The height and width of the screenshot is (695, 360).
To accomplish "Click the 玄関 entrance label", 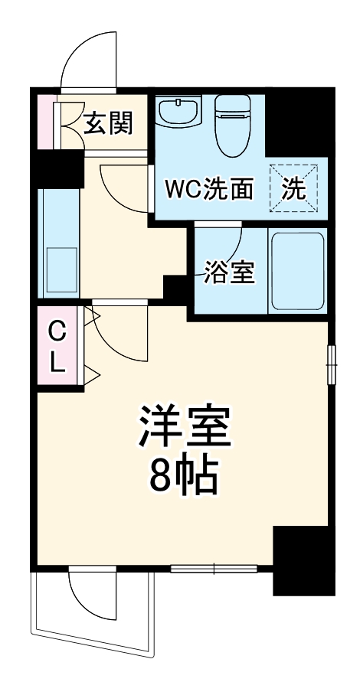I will pyautogui.click(x=109, y=122).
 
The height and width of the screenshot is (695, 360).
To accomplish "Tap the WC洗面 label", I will pyautogui.click(x=207, y=189).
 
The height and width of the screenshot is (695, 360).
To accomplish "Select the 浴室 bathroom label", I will pyautogui.click(x=229, y=272).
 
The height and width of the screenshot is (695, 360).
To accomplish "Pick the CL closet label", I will pyautogui.click(x=57, y=347).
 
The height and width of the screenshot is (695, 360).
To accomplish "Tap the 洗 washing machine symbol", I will pyautogui.click(x=292, y=188).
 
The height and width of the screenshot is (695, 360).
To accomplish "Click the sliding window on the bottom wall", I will pyautogui.click(x=214, y=569).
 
